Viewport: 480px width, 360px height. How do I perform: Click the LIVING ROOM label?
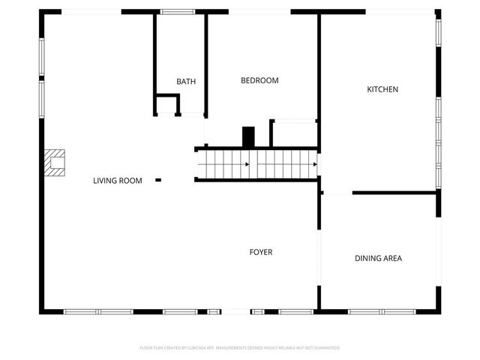point(117,181)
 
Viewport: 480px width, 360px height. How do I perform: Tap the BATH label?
point(186,82)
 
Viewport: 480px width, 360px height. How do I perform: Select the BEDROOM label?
point(259,80)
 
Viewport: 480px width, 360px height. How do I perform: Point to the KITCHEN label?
point(382,89)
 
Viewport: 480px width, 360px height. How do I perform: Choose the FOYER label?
point(261,252)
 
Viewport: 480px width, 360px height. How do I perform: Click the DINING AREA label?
point(378,259)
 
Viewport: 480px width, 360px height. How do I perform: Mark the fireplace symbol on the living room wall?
point(55,162)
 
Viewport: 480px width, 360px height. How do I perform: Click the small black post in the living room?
point(158,180)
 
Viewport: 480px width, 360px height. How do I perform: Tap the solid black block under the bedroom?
point(248,136)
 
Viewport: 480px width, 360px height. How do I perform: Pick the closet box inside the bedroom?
point(293,133)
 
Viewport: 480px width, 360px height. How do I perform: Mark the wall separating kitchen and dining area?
point(394,193)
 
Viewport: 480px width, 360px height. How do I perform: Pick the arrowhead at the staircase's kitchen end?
point(314,164)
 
